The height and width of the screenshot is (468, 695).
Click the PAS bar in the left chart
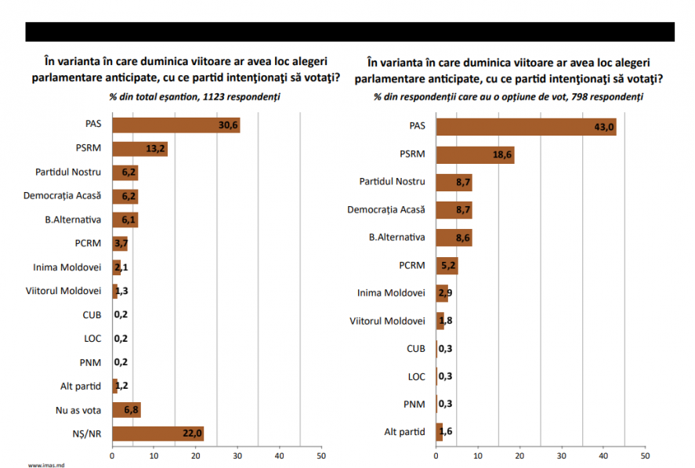point(176,125)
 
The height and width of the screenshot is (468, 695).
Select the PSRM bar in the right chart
point(474,155)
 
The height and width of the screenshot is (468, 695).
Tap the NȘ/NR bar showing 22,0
point(157,434)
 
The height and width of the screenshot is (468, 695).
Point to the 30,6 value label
point(229,125)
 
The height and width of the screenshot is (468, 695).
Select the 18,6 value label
point(503,155)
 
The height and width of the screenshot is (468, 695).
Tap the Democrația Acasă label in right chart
point(386,209)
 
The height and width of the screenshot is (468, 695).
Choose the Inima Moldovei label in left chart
point(67,267)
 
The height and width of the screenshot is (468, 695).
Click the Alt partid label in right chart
point(404,431)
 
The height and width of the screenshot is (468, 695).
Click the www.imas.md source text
point(45,464)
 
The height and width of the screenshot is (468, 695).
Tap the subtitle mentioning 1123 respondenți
point(194,97)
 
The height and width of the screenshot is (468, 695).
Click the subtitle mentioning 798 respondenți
point(508,97)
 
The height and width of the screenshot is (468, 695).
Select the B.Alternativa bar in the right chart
point(454,238)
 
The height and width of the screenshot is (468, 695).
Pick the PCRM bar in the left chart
point(119,244)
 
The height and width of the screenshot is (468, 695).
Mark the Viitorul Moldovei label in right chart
point(387,321)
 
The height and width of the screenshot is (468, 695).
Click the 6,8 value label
point(131,410)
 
